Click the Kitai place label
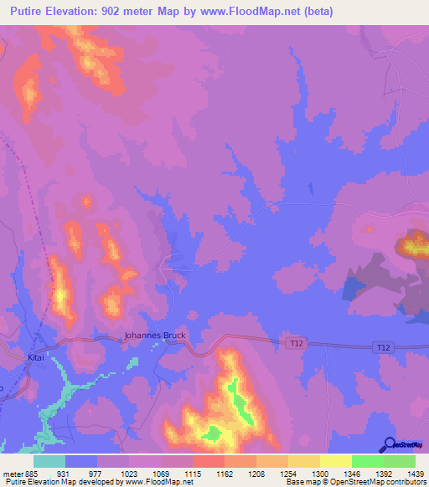pos(35,356)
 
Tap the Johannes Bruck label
pos(155,335)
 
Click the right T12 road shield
pos(384,347)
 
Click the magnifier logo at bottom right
pos(390,444)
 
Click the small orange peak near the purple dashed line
pos(86,201)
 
